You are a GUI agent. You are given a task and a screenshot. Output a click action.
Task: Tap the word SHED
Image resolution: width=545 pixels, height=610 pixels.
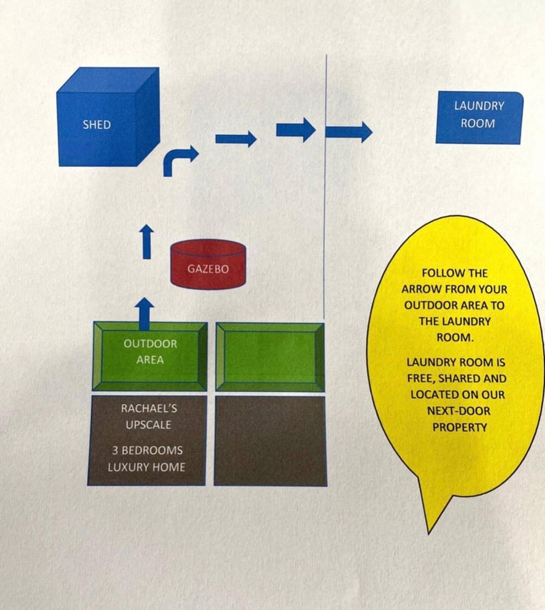pyautogui.click(x=97, y=125)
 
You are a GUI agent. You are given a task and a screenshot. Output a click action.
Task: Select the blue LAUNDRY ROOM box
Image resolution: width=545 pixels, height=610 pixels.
pyautogui.click(x=479, y=117)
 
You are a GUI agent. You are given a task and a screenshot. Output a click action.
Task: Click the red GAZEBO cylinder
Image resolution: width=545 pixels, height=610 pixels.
pyautogui.click(x=208, y=265)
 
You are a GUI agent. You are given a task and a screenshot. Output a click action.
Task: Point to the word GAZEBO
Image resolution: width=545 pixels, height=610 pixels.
pyautogui.click(x=208, y=269)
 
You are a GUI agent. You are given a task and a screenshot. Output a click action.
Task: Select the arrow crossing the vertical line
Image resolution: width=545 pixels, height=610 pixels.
pyautogui.click(x=349, y=132)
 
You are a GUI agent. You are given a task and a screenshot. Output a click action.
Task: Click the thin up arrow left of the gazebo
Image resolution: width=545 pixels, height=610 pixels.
pyautogui.click(x=147, y=242)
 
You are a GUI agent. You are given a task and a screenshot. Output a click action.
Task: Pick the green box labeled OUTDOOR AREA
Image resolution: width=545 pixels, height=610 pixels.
pyautogui.click(x=150, y=356)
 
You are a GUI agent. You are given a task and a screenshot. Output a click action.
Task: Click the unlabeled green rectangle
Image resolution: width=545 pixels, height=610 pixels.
pyautogui.click(x=270, y=356)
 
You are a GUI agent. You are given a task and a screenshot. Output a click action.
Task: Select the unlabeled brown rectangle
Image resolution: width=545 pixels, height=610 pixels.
pyautogui.click(x=270, y=441)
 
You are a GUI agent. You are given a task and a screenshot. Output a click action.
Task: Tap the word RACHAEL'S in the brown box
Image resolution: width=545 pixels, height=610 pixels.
pyautogui.click(x=146, y=409)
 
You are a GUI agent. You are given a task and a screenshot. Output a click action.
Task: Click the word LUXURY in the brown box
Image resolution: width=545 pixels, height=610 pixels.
pyautogui.click(x=125, y=467)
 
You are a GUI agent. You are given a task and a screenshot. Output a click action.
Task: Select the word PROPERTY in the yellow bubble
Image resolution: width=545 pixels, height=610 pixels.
pyautogui.click(x=459, y=427)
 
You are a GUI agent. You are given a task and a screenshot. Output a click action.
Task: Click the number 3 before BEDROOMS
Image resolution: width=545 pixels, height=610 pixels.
pyautogui.click(x=115, y=451)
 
